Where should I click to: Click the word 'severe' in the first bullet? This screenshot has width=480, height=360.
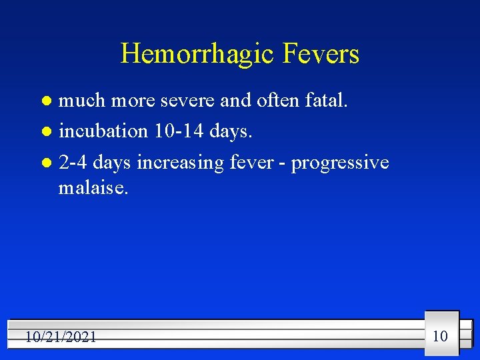point(187,101)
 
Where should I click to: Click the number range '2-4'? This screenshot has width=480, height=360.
point(73,162)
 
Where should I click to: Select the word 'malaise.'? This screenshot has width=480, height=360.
point(93,187)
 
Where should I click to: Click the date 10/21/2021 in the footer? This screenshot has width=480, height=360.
point(61,337)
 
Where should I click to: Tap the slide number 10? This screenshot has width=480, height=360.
point(440,335)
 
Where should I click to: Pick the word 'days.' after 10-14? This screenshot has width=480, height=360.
point(231,132)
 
